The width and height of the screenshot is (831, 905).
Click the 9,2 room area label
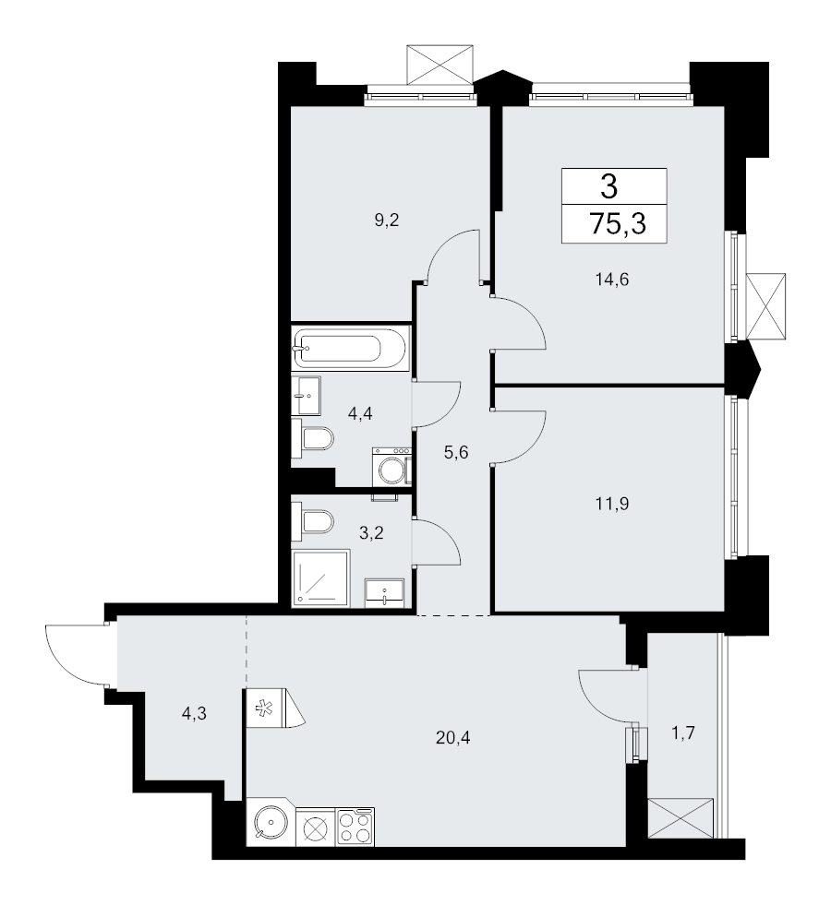[387, 220]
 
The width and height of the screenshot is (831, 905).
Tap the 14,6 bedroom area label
[611, 280]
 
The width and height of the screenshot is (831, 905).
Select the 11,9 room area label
[611, 504]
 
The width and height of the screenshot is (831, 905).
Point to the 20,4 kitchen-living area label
[452, 737]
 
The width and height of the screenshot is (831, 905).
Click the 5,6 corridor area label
[455, 452]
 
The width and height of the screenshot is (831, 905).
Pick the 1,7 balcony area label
[682, 733]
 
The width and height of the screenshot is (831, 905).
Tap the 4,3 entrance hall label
[194, 714]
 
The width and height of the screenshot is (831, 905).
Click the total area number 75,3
[618, 223]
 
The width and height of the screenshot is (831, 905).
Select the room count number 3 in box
[609, 185]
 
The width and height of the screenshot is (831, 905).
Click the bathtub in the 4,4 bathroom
[350, 348]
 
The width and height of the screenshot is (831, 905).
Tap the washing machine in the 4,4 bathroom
[391, 467]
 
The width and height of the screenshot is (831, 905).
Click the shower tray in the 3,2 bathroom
[321, 578]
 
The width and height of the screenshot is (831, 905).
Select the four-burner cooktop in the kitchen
[355, 828]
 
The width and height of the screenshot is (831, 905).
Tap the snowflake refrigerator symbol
[265, 708]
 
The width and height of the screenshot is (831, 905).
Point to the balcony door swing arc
[595, 704]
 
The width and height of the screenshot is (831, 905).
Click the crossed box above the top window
[440, 64]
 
